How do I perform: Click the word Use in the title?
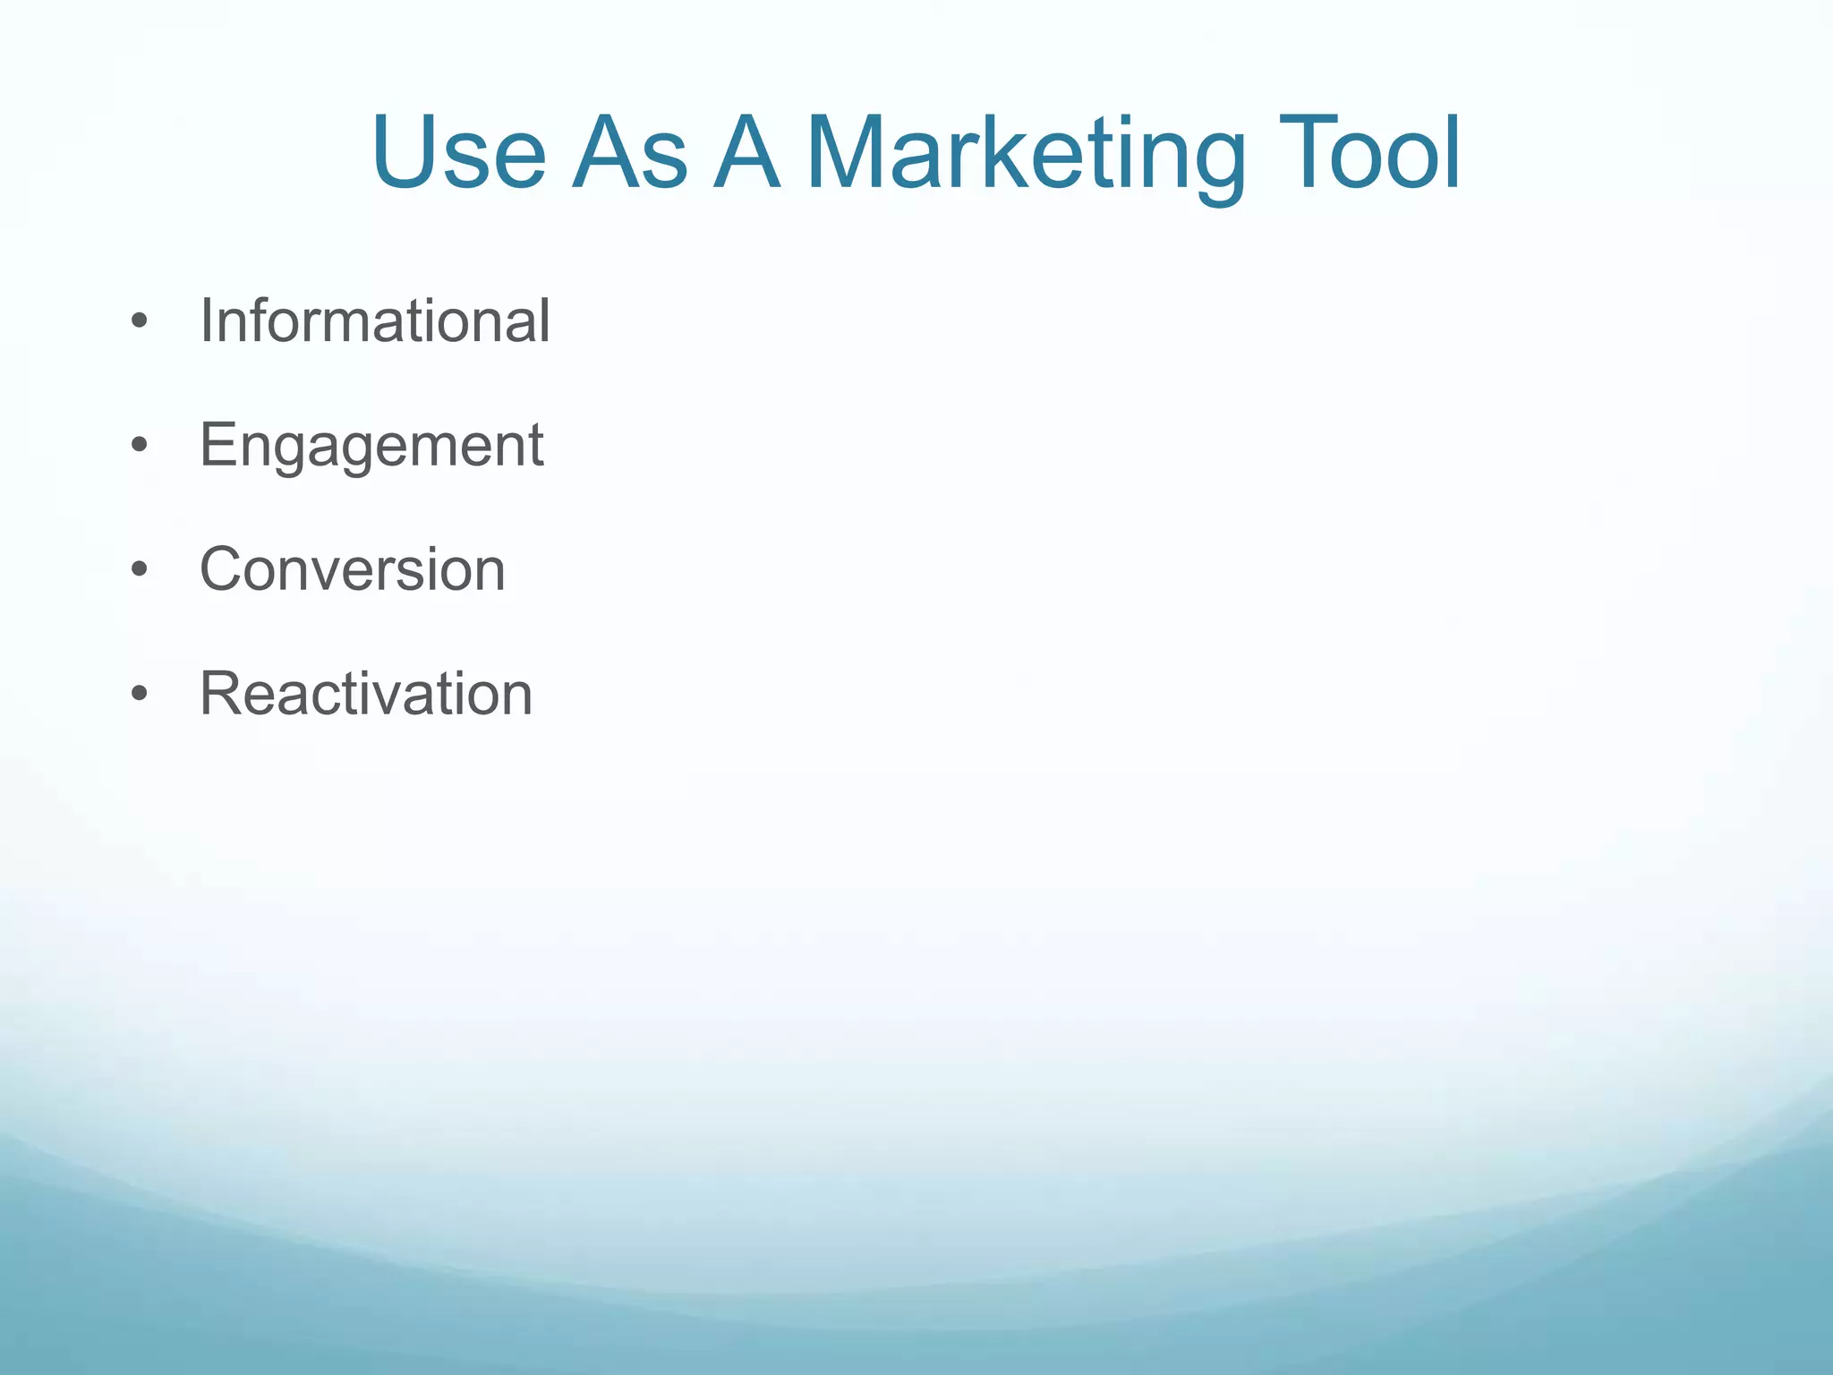[458, 153]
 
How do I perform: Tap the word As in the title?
[629, 153]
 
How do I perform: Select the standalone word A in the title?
[746, 153]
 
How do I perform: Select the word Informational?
[374, 320]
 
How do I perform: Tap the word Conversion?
[352, 569]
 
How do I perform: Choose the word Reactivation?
[365, 694]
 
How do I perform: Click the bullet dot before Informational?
[138, 321]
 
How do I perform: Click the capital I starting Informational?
[206, 320]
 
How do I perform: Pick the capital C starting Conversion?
[223, 569]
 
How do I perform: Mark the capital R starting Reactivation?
[222, 694]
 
